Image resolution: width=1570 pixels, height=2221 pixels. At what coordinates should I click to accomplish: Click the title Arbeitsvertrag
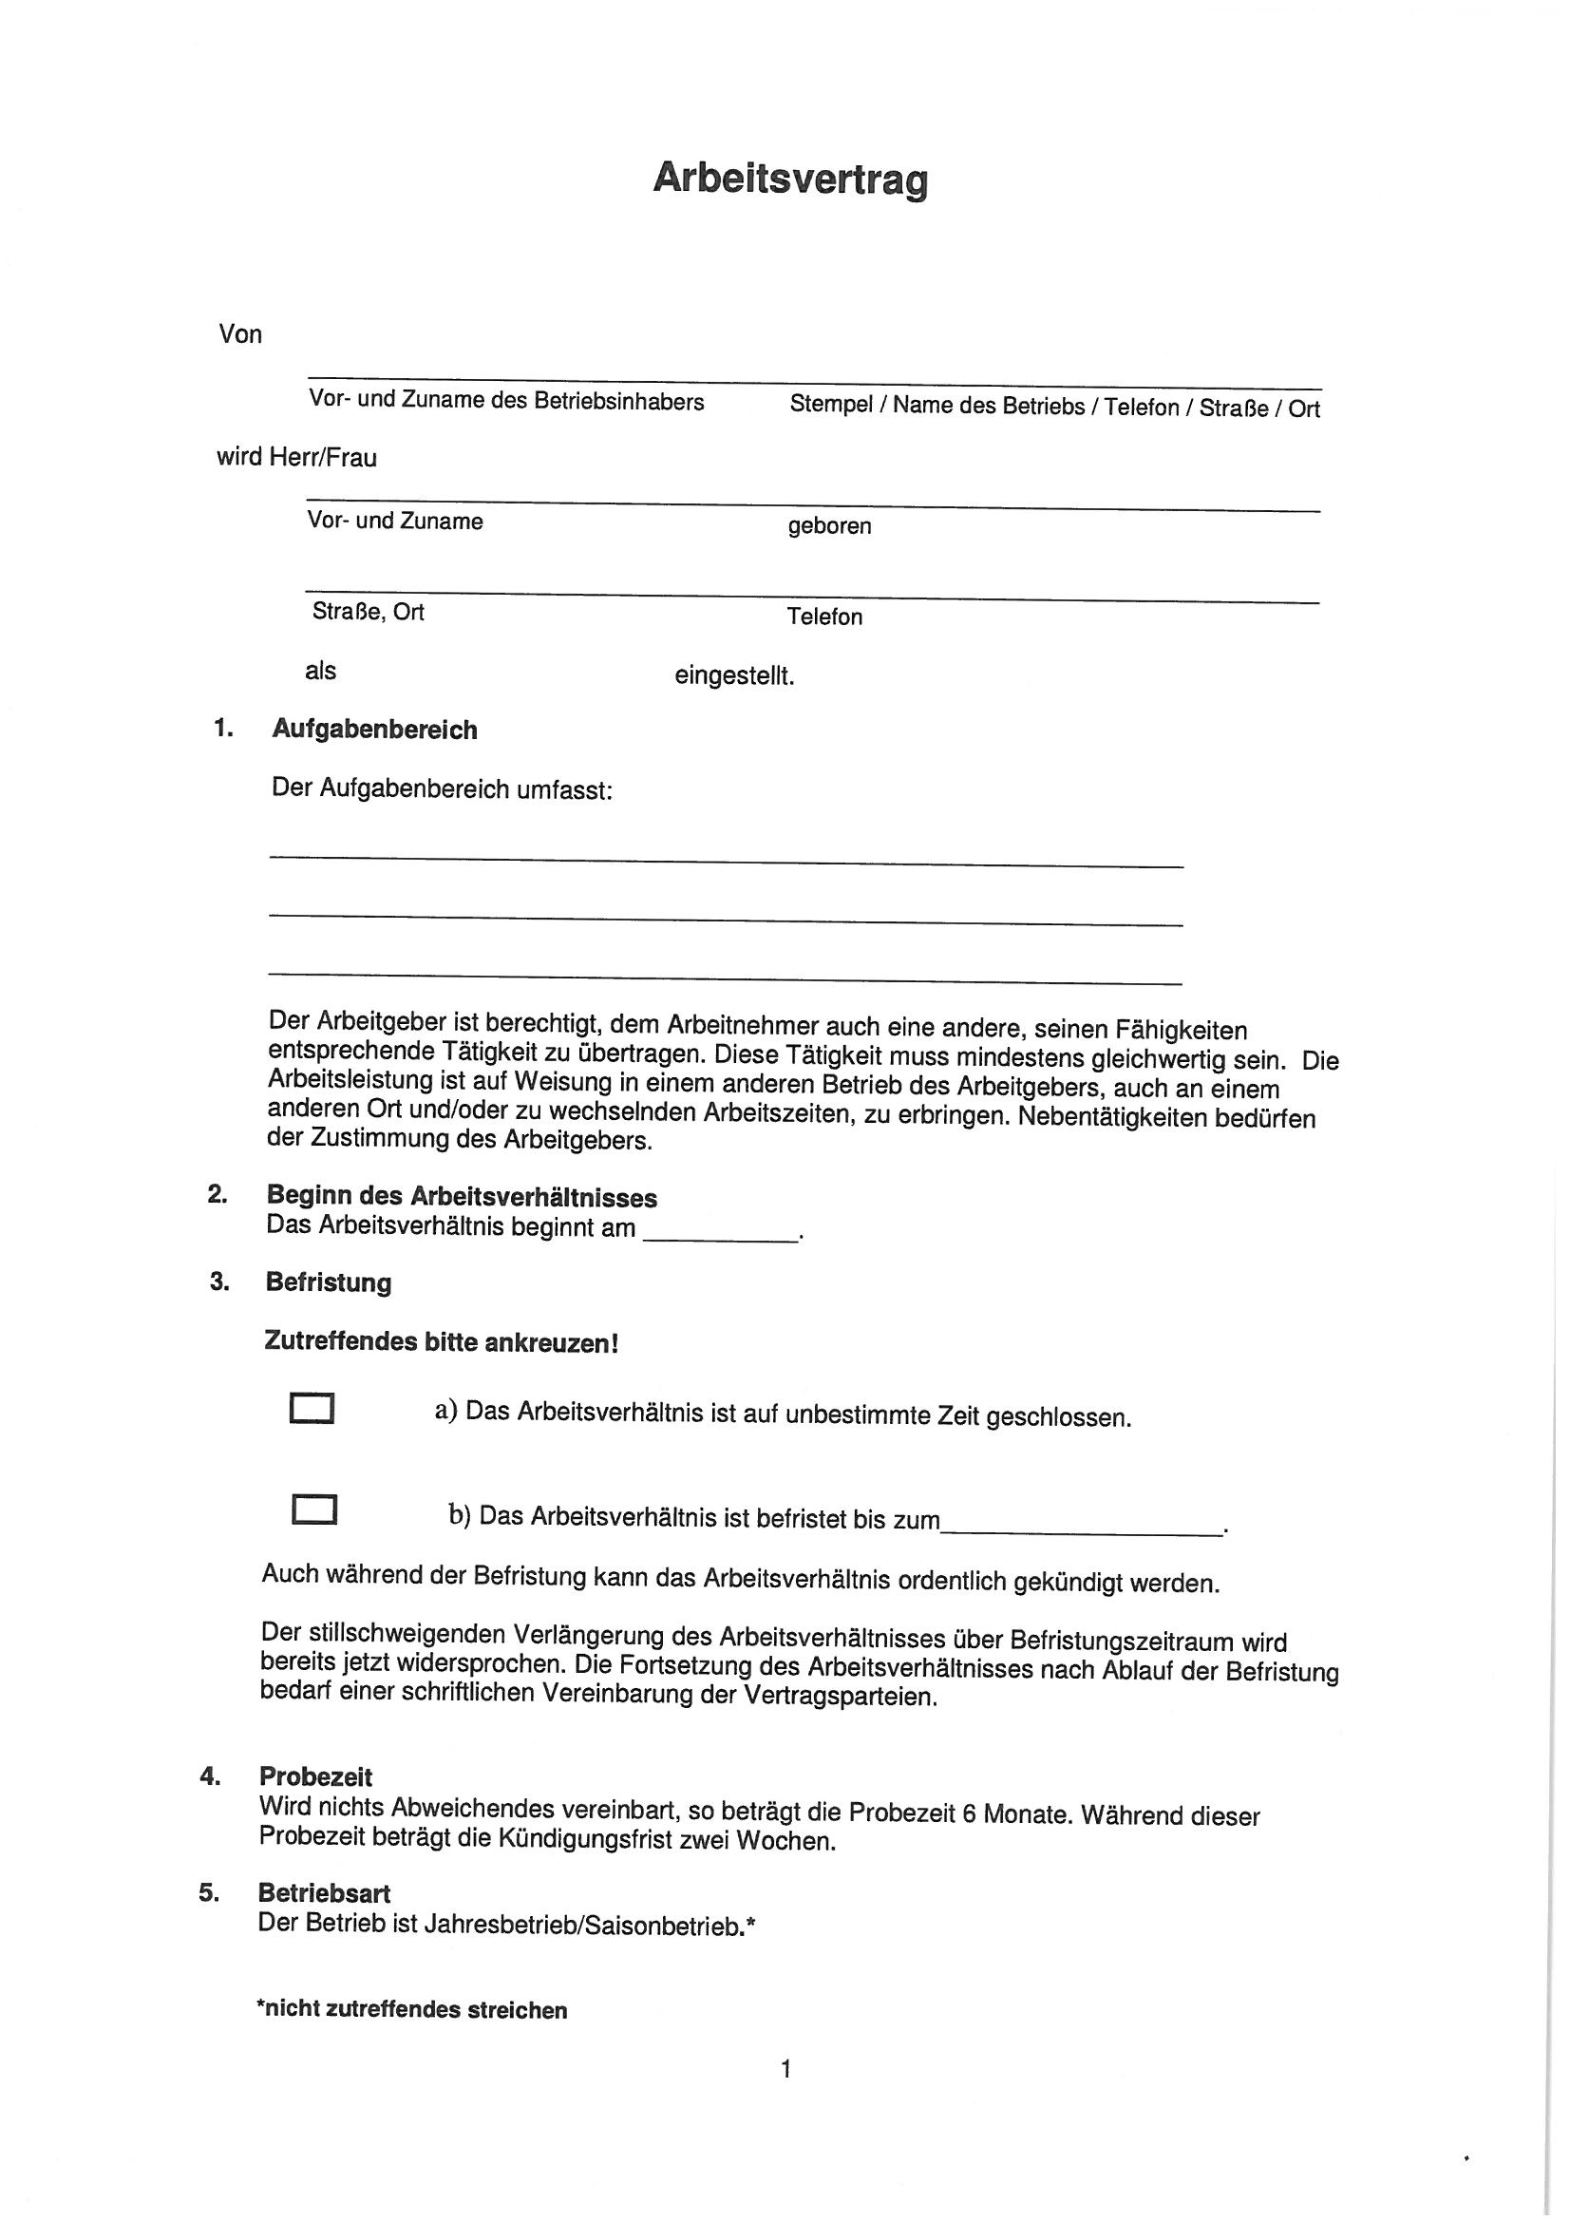[789, 179]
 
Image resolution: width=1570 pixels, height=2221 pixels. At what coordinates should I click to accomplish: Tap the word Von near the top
[240, 334]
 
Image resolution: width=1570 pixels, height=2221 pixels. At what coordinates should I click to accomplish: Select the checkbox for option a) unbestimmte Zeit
[312, 1409]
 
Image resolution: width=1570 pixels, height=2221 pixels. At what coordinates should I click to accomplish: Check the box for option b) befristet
[313, 1510]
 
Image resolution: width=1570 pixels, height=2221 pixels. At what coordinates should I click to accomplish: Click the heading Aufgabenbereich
[374, 730]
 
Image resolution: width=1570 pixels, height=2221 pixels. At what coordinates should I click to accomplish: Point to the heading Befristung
[328, 1282]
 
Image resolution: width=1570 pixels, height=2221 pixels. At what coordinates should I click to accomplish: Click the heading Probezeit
[315, 1777]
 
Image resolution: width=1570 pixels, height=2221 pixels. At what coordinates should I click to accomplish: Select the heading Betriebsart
[324, 1893]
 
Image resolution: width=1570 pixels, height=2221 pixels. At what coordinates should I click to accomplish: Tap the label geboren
[829, 526]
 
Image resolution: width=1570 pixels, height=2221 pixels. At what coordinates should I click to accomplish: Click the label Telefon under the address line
[824, 617]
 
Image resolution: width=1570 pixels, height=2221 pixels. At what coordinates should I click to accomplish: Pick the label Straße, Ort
[368, 612]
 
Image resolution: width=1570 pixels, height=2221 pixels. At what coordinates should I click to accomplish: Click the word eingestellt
[734, 676]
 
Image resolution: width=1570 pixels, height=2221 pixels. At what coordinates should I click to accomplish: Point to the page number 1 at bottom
[785, 2069]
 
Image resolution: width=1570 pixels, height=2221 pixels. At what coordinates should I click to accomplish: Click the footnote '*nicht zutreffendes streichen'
[411, 2009]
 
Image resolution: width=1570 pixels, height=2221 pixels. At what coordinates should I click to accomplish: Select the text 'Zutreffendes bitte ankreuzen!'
[440, 1342]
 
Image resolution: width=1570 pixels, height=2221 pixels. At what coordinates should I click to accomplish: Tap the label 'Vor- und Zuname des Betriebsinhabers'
[506, 401]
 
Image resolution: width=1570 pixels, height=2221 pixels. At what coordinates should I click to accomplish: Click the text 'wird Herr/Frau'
[296, 458]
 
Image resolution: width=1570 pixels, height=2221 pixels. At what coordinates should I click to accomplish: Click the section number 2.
[217, 1194]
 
